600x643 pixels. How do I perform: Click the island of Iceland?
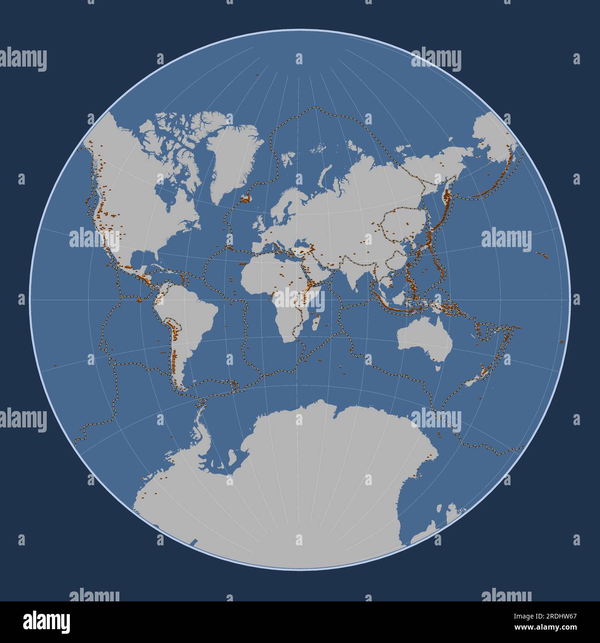click(x=245, y=199)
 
